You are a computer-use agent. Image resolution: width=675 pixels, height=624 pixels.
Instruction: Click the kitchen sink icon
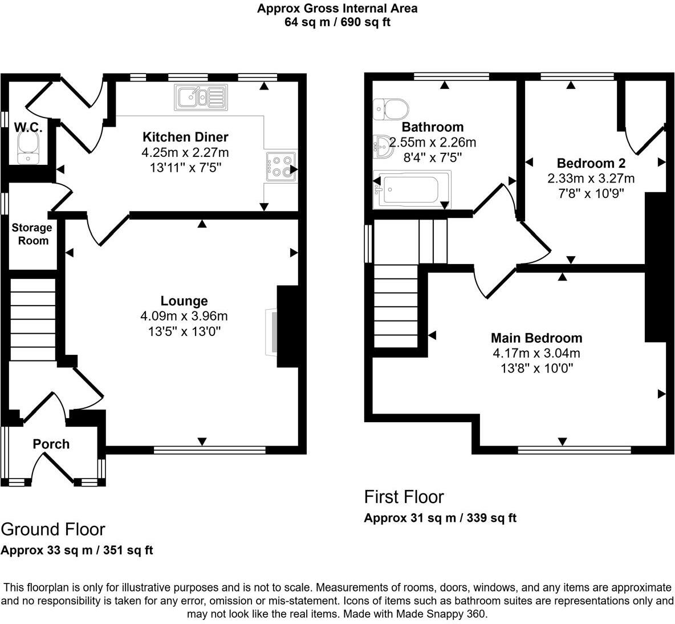201,97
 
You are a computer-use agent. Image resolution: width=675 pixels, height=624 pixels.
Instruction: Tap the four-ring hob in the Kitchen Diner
280,166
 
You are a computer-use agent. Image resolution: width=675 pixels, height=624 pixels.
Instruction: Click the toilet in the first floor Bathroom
391,108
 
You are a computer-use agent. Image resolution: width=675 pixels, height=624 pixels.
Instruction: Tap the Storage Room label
32,234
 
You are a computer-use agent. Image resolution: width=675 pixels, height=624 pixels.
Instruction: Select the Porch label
51,444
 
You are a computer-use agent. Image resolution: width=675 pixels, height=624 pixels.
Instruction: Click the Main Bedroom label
536,338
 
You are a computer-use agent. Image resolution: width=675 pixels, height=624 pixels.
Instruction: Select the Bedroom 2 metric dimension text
591,178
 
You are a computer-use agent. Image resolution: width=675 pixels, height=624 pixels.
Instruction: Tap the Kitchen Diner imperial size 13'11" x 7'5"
185,168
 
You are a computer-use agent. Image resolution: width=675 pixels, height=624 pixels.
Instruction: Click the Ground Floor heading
53,529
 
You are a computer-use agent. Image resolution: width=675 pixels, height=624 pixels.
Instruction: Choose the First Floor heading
404,497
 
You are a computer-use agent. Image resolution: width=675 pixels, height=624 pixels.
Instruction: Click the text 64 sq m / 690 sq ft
337,22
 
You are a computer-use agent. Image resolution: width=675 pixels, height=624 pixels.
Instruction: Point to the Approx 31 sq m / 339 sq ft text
440,518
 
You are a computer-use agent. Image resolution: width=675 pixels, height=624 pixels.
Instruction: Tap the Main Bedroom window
574,450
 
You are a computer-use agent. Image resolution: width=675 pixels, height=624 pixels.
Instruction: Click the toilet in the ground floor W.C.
27,147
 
